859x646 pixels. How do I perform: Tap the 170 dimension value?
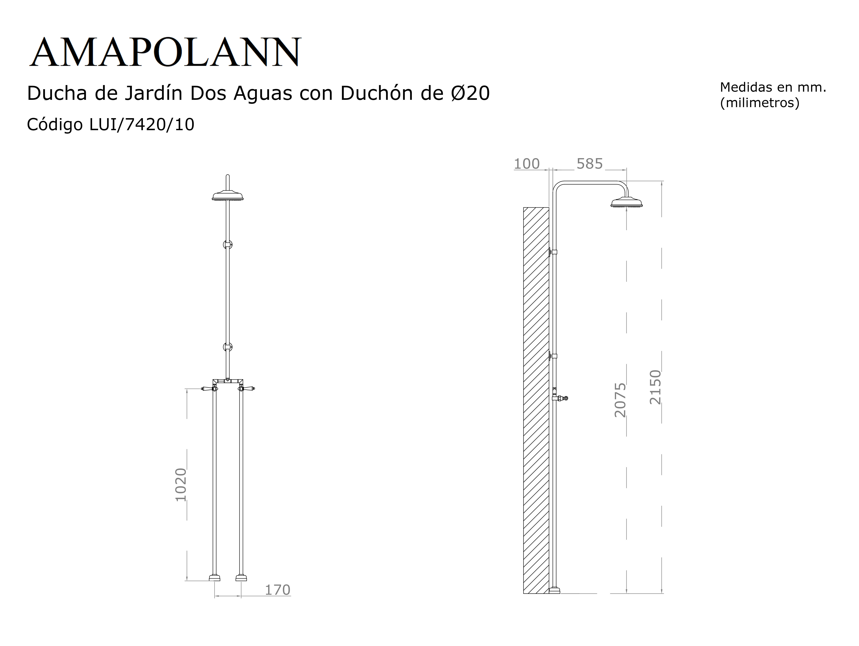click(x=277, y=590)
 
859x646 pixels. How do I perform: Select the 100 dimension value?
click(x=527, y=164)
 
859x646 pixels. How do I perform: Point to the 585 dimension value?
click(x=590, y=164)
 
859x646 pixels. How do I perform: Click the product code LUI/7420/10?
click(x=142, y=125)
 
